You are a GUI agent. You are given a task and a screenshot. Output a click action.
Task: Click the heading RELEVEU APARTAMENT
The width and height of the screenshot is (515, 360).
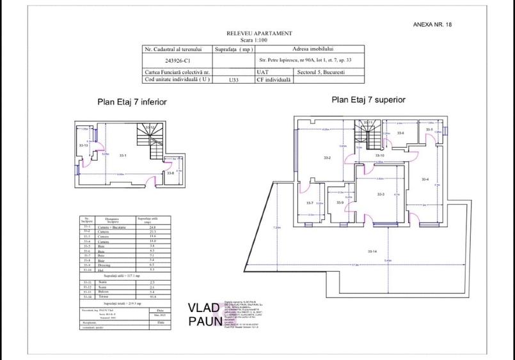coord(259,33)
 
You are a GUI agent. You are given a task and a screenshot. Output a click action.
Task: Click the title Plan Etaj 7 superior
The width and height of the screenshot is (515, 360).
coord(368,100)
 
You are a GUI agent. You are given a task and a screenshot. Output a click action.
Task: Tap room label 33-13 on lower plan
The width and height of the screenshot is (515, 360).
coord(83,146)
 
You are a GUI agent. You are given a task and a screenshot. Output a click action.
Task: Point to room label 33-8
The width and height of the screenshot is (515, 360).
coord(170,173)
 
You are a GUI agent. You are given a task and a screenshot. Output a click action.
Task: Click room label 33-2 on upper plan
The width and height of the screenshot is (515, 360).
coord(326,157)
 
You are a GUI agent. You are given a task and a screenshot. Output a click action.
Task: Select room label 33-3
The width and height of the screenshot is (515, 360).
coord(380,194)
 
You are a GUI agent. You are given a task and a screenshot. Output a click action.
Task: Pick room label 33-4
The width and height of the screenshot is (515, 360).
coord(425,179)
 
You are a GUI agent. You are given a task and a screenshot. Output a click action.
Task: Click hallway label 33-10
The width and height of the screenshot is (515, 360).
coord(379,155)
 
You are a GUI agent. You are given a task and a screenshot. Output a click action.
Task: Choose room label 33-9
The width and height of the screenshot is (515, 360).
coord(339,203)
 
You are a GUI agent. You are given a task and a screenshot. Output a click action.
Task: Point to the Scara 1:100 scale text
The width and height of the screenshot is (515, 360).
coord(259,40)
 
